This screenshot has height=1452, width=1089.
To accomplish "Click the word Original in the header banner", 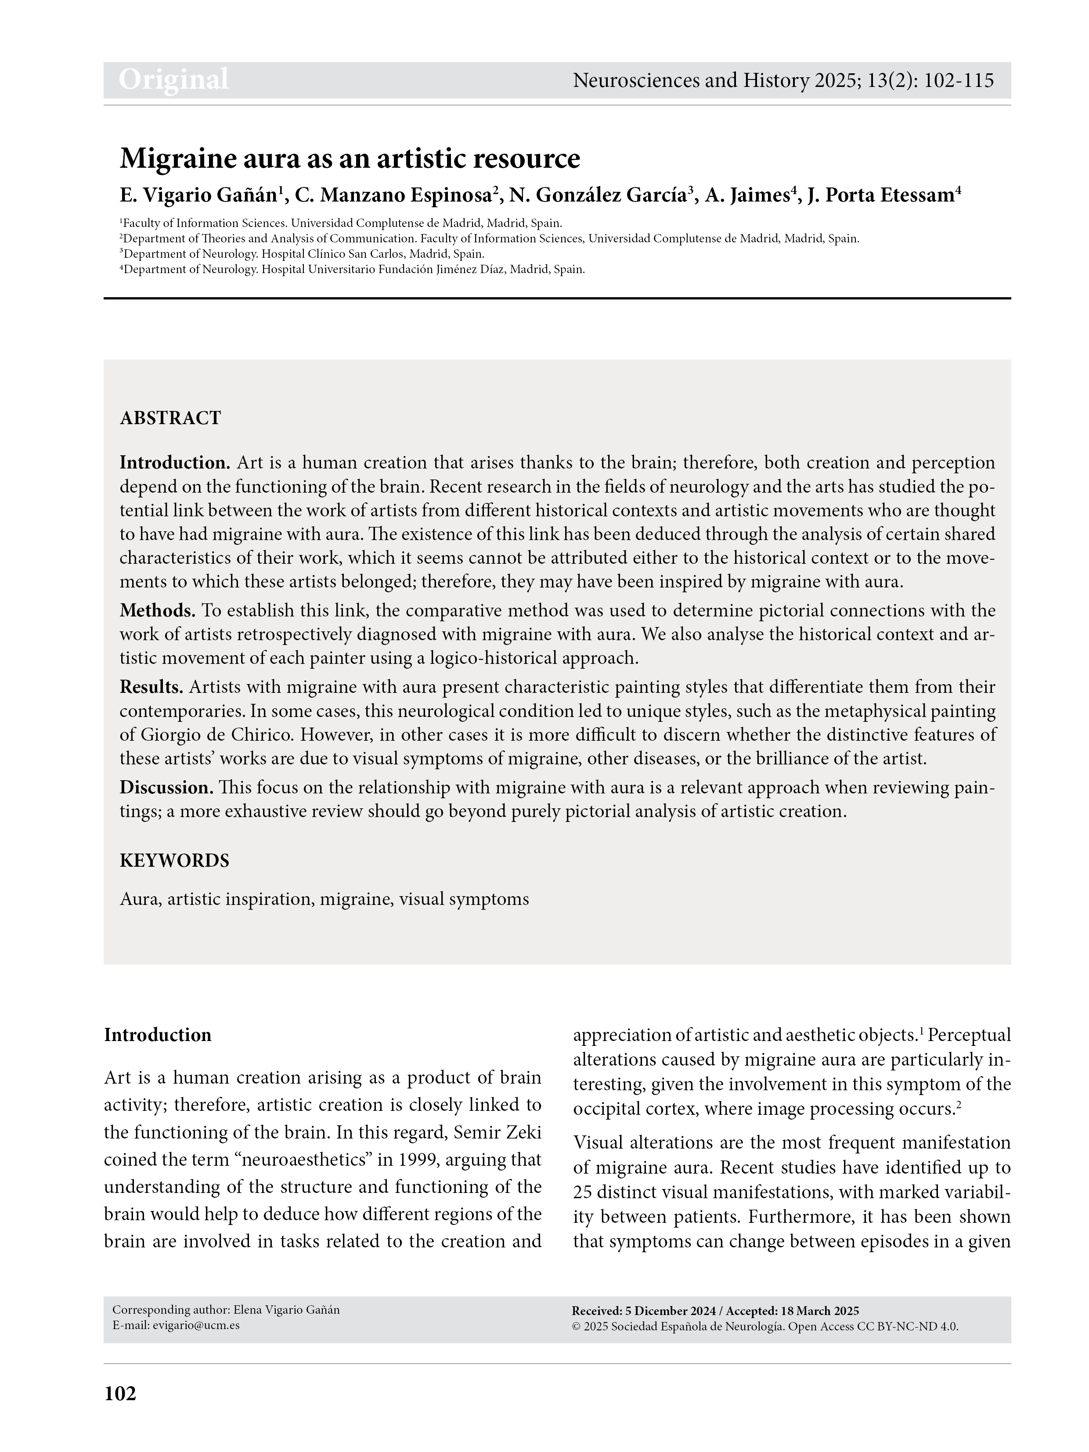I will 173,79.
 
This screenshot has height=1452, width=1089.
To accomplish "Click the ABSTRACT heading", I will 170,418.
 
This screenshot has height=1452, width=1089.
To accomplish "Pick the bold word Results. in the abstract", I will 151,687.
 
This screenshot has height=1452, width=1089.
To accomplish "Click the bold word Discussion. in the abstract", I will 166,787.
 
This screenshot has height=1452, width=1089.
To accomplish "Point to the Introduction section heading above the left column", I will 158,1035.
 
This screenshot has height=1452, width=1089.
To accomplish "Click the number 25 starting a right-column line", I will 581,1191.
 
